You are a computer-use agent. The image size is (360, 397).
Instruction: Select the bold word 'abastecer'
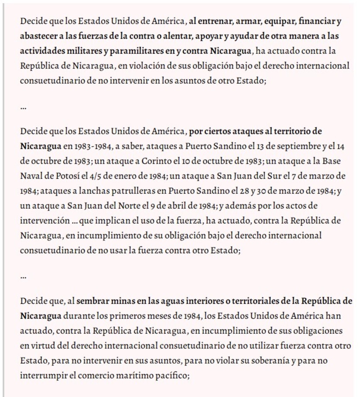(37, 36)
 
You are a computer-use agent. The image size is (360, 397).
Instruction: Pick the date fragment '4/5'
(98, 176)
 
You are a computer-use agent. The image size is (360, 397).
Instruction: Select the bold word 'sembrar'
(95, 301)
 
